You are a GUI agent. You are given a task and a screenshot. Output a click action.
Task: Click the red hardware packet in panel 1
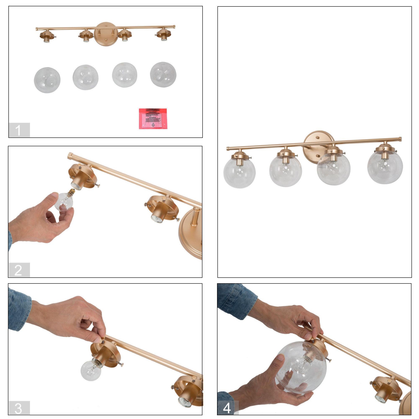point(153,119)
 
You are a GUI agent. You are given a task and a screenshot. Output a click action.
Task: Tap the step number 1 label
point(19,130)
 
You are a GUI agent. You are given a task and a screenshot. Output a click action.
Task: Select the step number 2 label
point(19,270)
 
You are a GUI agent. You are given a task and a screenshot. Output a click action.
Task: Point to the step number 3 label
point(19,408)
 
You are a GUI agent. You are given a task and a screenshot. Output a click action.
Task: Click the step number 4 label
point(227,408)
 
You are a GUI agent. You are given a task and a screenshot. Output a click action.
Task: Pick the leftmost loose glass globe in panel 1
point(47,80)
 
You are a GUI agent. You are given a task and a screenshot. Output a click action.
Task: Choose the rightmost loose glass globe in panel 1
point(163,75)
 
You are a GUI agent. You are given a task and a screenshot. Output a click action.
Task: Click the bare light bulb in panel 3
point(91,370)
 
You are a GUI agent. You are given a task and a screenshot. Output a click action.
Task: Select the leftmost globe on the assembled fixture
point(239,173)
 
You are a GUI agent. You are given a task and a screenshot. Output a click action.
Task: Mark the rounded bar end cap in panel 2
point(70,156)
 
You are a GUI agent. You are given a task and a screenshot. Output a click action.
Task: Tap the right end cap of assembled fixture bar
point(400,139)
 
